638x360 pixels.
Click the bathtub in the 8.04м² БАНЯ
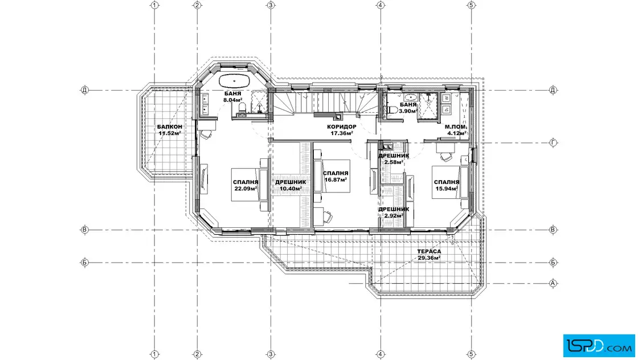[234, 81]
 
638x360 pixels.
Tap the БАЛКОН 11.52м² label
[170, 130]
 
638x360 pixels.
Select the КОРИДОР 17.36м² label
[342, 130]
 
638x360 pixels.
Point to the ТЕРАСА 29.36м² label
[429, 255]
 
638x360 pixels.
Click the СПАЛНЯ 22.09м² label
[246, 186]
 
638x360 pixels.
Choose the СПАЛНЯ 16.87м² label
[336, 177]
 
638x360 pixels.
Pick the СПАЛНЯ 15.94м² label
[447, 186]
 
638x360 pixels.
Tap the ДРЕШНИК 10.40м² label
[291, 186]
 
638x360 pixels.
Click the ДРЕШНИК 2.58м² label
[394, 159]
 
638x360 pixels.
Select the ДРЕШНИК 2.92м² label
[394, 212]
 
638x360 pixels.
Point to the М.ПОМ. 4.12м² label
[456, 130]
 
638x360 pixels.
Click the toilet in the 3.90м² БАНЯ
[392, 109]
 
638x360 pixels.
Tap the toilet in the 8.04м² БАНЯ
[243, 108]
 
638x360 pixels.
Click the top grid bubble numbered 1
[154, 5]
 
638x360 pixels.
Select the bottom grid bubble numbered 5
[471, 355]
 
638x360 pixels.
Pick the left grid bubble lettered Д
[85, 90]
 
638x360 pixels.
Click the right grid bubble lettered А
[553, 283]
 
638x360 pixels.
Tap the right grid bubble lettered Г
[553, 143]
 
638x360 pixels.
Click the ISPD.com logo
[599, 346]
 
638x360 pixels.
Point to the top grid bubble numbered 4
[381, 5]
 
